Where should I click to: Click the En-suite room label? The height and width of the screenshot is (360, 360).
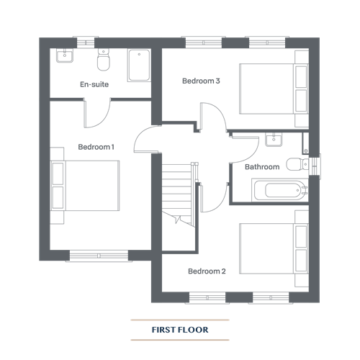[94, 84]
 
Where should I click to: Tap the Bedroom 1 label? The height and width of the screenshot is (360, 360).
[96, 147]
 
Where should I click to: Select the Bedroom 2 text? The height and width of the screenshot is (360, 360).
[207, 271]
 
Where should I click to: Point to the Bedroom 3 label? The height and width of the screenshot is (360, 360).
[201, 81]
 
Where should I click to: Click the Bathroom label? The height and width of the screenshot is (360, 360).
[262, 167]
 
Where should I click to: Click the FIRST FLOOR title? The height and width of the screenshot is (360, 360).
[180, 330]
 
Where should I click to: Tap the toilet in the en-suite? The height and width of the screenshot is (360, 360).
[104, 60]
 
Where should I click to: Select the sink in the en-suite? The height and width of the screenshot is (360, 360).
[65, 55]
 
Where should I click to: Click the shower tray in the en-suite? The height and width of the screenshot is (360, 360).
[139, 66]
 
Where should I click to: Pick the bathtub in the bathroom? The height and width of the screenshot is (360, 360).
[280, 190]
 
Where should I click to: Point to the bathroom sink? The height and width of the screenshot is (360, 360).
[274, 140]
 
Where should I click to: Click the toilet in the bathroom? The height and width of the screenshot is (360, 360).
[297, 164]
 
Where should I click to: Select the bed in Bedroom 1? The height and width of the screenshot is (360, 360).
[85, 186]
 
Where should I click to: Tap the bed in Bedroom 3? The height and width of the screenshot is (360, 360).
[274, 89]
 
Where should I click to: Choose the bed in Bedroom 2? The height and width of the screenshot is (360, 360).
[274, 249]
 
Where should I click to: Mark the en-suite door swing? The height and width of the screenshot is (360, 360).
[97, 113]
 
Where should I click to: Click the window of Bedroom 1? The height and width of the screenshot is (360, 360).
[99, 256]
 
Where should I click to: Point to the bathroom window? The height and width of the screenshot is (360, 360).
[315, 166]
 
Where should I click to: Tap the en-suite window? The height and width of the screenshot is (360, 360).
[86, 42]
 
